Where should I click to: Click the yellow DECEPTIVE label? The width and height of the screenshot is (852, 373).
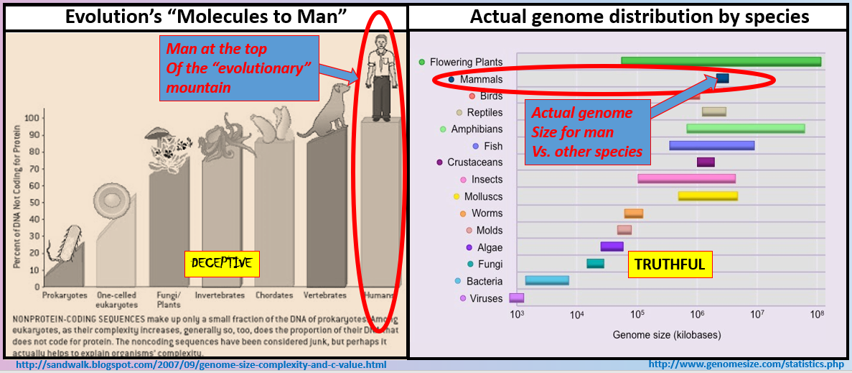[x=221, y=264]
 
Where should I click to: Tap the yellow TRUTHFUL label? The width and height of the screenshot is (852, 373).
[x=669, y=264]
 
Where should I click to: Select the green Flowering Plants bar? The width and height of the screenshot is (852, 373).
[x=721, y=62]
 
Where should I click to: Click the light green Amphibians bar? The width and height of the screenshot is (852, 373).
[x=745, y=129]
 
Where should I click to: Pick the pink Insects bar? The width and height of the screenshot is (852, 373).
[x=686, y=179]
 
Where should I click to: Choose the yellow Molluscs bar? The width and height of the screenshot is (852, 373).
[x=708, y=196]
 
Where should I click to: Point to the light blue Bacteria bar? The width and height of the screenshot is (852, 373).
[x=547, y=280]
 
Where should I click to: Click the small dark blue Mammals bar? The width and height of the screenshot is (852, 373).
[x=723, y=78]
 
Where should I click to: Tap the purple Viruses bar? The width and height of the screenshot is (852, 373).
[x=516, y=298]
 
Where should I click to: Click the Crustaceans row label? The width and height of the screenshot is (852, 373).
[x=474, y=162]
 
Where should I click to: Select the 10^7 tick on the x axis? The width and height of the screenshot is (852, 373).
[x=756, y=316]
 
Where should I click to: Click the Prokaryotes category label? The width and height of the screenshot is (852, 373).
[x=65, y=295]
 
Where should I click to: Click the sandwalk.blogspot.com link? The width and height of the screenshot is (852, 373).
[x=201, y=365]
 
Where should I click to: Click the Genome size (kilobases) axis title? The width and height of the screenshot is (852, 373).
[x=666, y=335]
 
